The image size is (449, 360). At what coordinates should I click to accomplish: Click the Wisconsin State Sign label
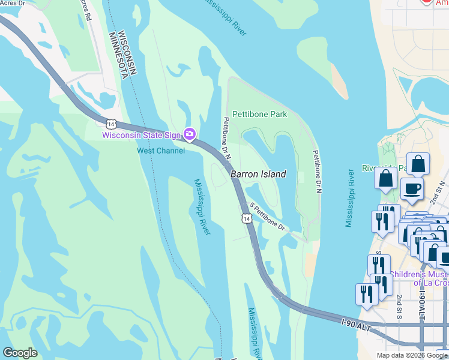point(141,135)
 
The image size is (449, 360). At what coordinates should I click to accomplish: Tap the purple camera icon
point(189,134)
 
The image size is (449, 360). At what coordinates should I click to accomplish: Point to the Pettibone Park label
point(259,114)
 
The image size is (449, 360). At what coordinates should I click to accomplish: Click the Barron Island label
point(258,174)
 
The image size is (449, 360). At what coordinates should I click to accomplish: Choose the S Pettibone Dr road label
point(267,216)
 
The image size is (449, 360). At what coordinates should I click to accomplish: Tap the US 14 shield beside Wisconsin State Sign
point(110,124)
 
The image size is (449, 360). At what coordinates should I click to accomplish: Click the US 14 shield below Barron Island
point(247,218)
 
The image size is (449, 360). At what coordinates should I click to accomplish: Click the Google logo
point(20,353)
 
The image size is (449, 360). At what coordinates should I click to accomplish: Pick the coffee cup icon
point(412,189)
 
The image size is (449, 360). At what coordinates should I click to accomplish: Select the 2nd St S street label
point(399,306)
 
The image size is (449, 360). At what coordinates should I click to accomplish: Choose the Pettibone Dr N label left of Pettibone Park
point(228,137)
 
